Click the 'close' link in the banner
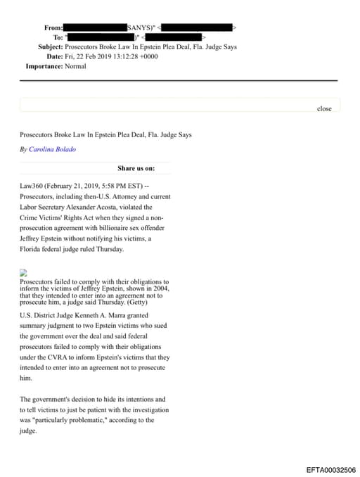click(x=324, y=108)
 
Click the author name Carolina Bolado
click(x=53, y=149)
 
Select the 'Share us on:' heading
click(x=136, y=168)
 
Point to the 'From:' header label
click(x=53, y=27)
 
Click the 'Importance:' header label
click(x=46, y=66)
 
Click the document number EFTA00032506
click(x=331, y=469)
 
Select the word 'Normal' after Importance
click(x=76, y=66)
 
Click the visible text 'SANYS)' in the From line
click(x=139, y=27)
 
